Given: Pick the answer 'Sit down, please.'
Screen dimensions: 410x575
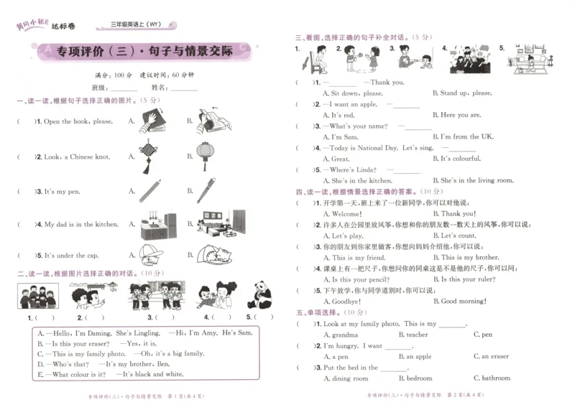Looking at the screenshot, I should pyautogui.click(x=353, y=93).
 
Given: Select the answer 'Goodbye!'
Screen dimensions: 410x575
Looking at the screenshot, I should pyautogui.click(x=346, y=302).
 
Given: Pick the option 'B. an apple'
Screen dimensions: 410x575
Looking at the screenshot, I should pyautogui.click(x=415, y=356).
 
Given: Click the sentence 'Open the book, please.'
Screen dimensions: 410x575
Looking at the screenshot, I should pyautogui.click(x=78, y=122).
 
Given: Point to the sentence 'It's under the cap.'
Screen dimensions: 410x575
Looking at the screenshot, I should pyautogui.click(x=72, y=256).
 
